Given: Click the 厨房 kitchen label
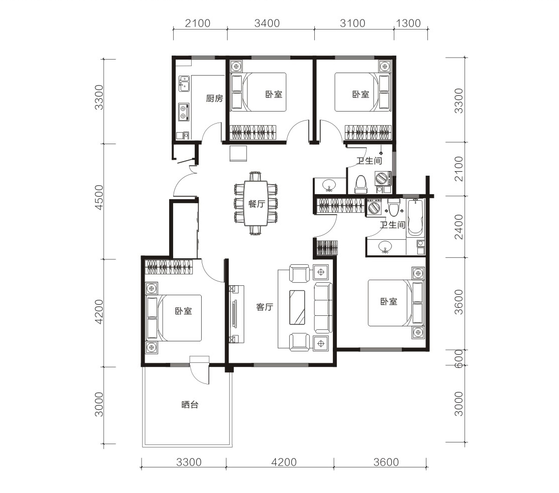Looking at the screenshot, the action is click(215, 98).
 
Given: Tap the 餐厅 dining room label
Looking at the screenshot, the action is click(257, 204).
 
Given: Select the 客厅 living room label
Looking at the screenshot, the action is click(265, 307).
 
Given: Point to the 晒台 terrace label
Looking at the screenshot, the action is click(189, 405).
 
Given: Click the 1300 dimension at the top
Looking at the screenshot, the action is click(408, 23).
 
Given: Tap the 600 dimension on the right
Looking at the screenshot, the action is click(459, 358).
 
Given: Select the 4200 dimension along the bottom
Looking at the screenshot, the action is click(284, 462).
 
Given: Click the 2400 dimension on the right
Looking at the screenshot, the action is click(459, 227).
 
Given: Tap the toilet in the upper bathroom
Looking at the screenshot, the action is click(361, 184).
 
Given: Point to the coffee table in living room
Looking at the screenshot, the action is click(297, 308).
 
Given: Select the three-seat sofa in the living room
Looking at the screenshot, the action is click(323, 308).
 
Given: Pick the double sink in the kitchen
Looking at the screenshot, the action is click(184, 84).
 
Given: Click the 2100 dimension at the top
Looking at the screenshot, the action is click(198, 23).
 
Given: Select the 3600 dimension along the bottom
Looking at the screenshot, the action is click(386, 462).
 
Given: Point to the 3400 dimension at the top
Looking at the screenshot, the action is click(267, 23).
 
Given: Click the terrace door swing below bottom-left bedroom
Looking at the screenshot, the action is click(200, 371).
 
